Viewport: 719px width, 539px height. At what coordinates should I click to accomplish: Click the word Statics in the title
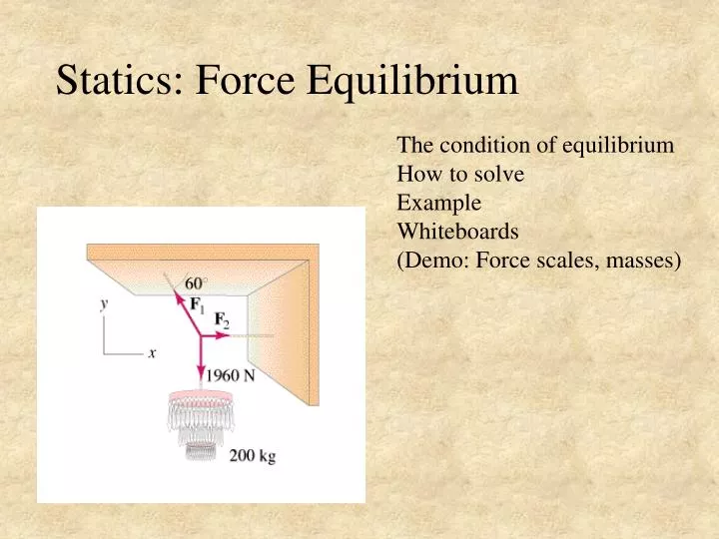point(119,80)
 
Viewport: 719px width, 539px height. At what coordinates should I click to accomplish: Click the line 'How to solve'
point(460,174)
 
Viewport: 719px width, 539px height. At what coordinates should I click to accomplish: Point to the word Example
point(438,203)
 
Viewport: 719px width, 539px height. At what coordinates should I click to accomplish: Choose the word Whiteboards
point(457,232)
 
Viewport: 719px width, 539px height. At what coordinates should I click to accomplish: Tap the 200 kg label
point(253,456)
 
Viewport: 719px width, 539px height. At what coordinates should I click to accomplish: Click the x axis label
point(152,353)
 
